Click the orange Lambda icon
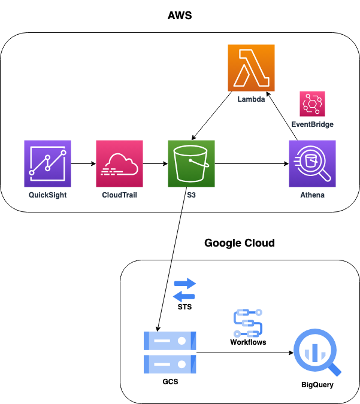pos(251,68)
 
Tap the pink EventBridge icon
pos(312,104)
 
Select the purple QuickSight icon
pos(48,163)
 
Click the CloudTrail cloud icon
pos(120,163)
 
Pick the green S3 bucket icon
pos(191,163)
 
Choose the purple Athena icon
pos(312,163)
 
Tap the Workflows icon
pos(248,323)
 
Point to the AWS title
pos(180,16)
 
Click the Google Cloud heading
pos(240,243)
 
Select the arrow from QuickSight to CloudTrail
pos(84,163)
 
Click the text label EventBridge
pos(312,124)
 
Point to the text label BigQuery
pos(317,384)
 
